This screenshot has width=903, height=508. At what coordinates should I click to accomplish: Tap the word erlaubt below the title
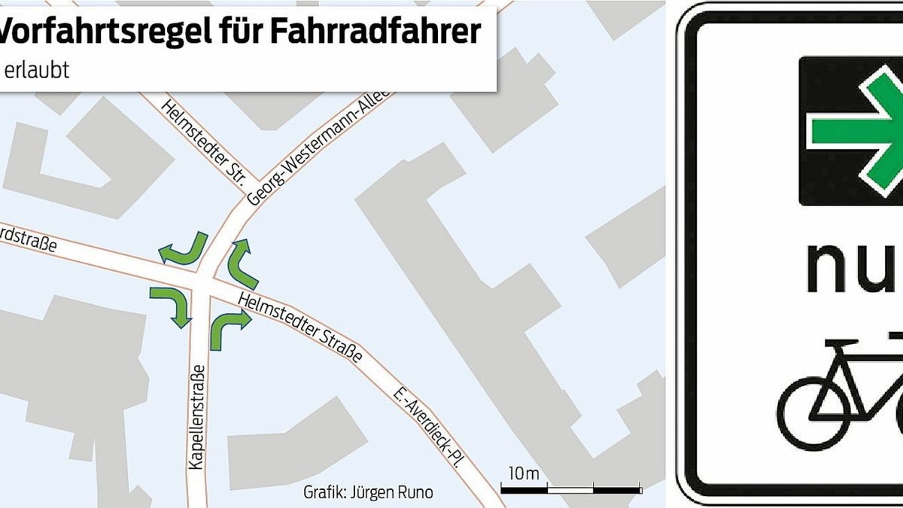(38, 70)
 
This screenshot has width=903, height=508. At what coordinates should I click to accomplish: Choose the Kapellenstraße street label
(197, 418)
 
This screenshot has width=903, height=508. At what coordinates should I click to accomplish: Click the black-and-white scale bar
(571, 490)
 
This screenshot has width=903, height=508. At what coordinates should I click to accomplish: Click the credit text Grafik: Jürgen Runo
(368, 493)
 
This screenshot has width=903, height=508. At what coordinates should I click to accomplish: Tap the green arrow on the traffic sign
(858, 129)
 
